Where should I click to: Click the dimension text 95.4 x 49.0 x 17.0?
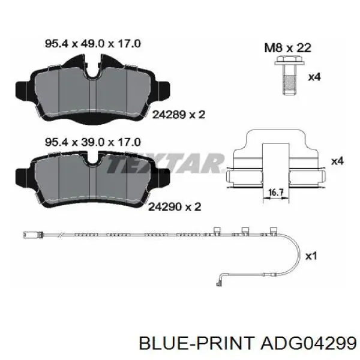[x=93, y=44]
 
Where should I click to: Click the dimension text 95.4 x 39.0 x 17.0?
[x=93, y=142]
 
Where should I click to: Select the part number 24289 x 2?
[x=179, y=115]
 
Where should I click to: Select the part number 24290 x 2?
[x=175, y=207]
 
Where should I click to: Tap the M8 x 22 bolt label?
[x=287, y=48]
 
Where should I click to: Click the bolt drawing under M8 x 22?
[x=289, y=76]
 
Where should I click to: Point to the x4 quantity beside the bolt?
[x=314, y=77]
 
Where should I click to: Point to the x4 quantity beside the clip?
[x=337, y=161]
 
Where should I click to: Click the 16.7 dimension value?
[x=276, y=192]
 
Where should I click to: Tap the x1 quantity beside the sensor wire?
[x=311, y=256]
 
